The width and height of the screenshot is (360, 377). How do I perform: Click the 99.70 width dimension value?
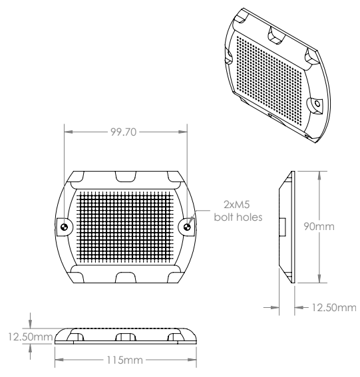point(123,132)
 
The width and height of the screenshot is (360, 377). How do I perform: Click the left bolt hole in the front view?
point(63,227)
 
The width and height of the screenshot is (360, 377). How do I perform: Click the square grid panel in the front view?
point(125,226)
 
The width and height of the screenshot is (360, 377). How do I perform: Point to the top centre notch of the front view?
point(125,176)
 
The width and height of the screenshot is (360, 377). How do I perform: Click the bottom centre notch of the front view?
point(125,277)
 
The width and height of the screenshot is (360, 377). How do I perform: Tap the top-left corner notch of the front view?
point(76,178)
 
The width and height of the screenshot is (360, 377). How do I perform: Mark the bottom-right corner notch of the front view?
point(174,275)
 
